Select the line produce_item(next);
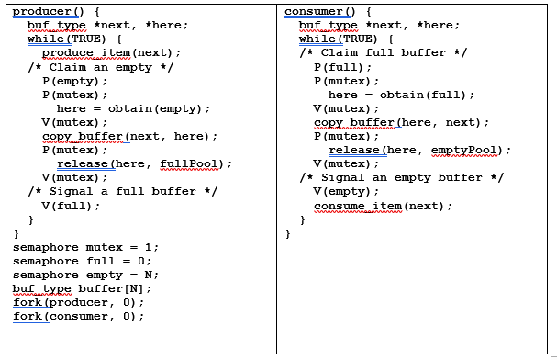pos(111,53)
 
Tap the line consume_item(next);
pos(384,205)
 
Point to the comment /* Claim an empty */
pos(101,67)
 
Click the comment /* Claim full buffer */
pos(384,53)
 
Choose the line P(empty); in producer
pos(74,81)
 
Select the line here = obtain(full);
pos(401,95)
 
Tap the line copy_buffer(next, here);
pos(129,136)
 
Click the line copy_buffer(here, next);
pos(401,122)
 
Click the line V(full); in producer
pos(71,205)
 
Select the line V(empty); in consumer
pos(346,191)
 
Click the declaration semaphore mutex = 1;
pos(85,247)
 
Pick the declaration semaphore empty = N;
pos(85,275)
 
